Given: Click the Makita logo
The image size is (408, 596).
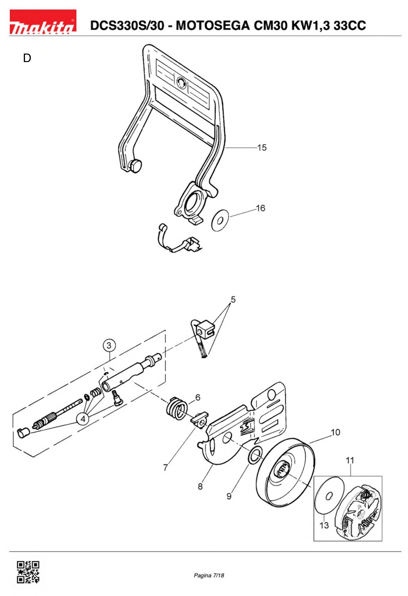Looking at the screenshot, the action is tap(43, 22).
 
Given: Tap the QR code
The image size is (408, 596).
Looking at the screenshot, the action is tap(28, 572).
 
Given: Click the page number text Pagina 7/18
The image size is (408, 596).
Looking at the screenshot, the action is tap(209, 575).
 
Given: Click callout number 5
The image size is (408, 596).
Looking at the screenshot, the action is tap(233, 299).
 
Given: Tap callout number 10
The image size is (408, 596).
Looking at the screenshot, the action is tap(335, 432).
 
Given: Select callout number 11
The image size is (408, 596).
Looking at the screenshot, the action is tap(350, 460).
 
